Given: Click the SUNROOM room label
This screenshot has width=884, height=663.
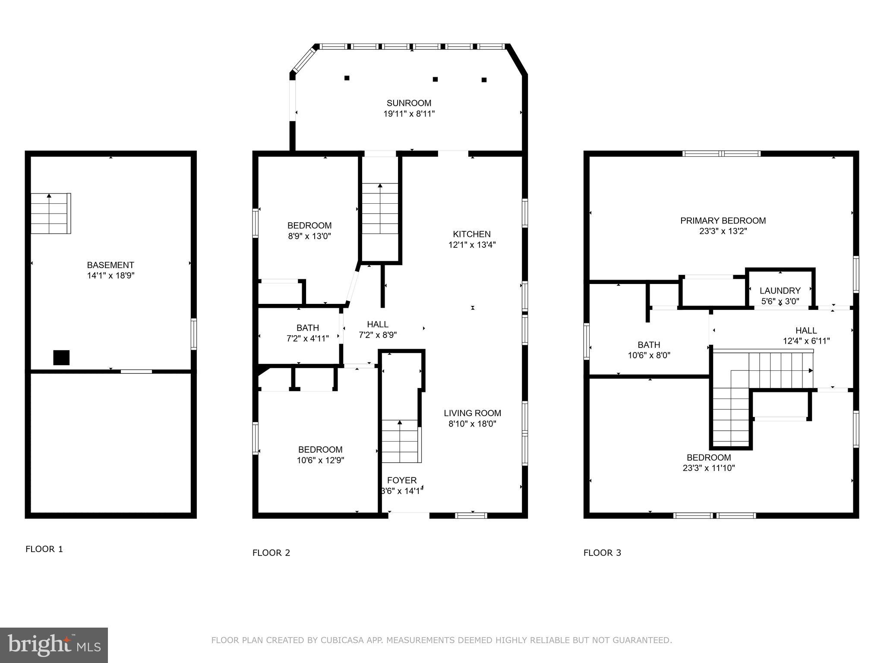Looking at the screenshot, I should click(409, 103).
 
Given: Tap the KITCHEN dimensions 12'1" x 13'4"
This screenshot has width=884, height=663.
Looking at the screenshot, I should click(472, 245).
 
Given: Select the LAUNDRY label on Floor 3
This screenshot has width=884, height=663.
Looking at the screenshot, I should click(780, 291).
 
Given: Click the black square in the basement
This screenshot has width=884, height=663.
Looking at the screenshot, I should click(61, 358).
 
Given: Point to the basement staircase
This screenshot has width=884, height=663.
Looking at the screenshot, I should click(51, 214).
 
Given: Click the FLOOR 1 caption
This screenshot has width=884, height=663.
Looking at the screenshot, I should click(44, 549).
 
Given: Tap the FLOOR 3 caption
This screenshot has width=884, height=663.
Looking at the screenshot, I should click(602, 552).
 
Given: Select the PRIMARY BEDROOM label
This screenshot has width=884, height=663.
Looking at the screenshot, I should click(723, 221).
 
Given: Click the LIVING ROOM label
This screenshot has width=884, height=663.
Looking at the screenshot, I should click(472, 413).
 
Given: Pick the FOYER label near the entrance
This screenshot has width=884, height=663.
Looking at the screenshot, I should click(402, 480).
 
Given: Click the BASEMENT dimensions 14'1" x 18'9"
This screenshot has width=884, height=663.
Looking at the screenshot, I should click(110, 276).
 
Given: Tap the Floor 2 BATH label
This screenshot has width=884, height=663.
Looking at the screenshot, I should click(307, 328).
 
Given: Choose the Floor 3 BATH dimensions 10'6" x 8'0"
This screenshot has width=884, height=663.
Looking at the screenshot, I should click(649, 356).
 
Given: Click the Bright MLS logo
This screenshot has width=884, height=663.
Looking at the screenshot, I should click(54, 645).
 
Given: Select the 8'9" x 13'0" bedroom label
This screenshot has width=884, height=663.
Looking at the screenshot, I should click(309, 225).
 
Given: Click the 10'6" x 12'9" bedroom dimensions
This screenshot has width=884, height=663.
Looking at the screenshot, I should click(320, 461).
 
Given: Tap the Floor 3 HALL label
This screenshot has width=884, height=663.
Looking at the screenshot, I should click(806, 331).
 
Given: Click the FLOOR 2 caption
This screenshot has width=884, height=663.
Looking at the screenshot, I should click(271, 552).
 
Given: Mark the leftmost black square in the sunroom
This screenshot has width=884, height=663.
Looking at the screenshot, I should click(347, 78).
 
